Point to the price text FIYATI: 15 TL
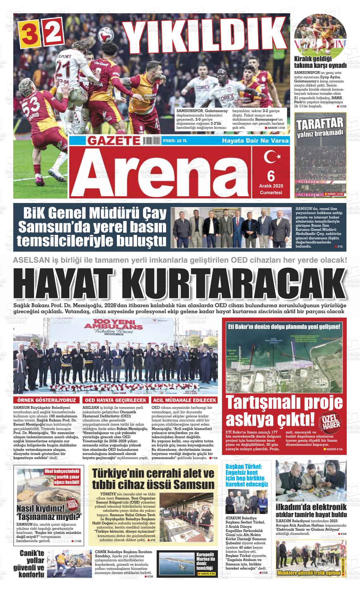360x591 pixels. tap(175, 141)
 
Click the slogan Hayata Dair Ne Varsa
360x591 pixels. tap(255, 141)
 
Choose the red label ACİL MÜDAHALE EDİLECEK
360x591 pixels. tap(184, 400)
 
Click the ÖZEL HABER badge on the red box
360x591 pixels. tap(330, 421)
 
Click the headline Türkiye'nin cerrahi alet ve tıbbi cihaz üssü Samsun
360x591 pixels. tap(153, 478)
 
